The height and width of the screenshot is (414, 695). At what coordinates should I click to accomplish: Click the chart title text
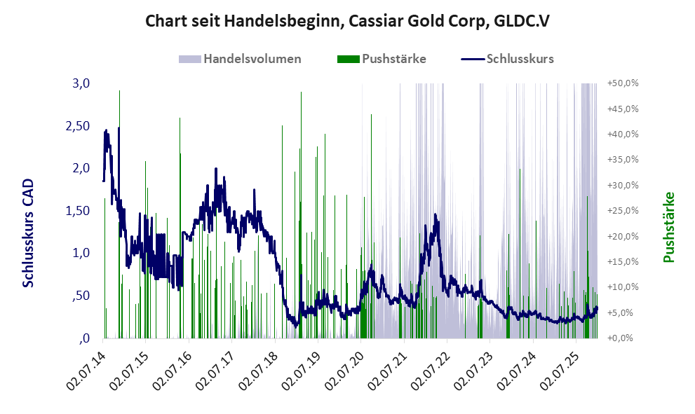347,21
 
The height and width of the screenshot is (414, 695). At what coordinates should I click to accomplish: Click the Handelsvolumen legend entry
252,59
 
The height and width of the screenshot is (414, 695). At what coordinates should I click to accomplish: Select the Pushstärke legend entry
393,59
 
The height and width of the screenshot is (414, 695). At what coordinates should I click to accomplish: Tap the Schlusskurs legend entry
520,59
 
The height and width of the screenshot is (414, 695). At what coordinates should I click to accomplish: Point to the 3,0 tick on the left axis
81,83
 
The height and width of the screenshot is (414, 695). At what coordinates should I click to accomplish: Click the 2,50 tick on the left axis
78,125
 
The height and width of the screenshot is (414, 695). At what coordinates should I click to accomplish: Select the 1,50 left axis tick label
78,211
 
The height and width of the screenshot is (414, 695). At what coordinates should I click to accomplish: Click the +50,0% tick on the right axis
622,83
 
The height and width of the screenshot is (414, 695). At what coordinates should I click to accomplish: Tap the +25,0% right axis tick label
622,211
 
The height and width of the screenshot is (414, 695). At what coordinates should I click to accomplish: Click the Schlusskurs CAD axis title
29,233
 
